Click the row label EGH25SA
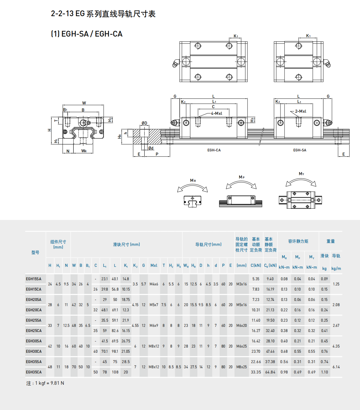pos(34,320)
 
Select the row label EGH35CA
pos(34,372)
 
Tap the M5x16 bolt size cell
pos(242,305)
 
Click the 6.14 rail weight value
pos(336,367)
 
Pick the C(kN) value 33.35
pos(256,372)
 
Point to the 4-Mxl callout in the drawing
pos(217,113)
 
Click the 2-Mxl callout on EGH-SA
pos(301,111)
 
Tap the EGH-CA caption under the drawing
pos(214,150)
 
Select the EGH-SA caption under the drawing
pos(300,150)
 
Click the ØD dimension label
pos(144,123)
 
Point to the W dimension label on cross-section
pos(84,103)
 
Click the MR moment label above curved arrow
pos(193,181)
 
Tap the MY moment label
pos(301,174)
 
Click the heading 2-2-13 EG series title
pos(103,14)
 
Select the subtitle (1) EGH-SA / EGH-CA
pos(86,34)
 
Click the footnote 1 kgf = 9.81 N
pos(45,383)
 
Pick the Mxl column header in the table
pos(154,266)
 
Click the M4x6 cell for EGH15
pos(154,284)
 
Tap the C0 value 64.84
pos(270,372)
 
